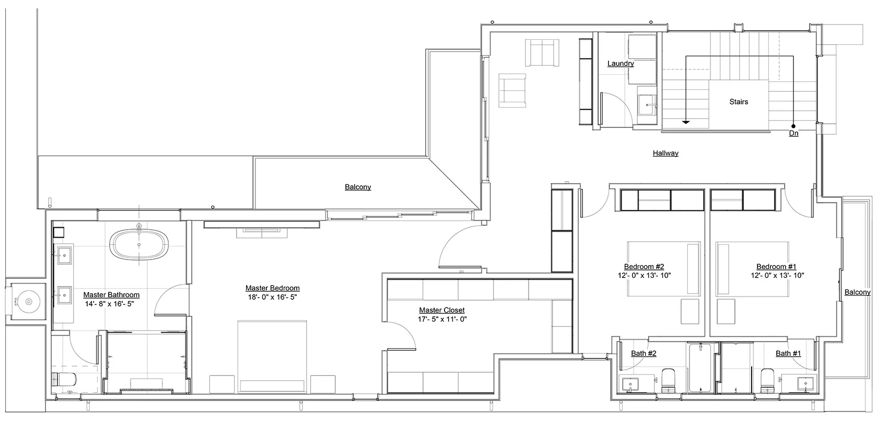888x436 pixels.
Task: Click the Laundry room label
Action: coord(621,63)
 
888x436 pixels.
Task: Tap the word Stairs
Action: coord(739,102)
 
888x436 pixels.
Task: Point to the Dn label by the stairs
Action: coord(793,133)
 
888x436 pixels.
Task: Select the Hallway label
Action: coord(665,153)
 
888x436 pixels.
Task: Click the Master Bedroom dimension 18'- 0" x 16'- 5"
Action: coord(272,297)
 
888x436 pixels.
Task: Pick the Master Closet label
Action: coord(441,310)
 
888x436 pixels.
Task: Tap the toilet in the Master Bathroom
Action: coord(64,380)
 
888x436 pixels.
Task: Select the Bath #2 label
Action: coord(644,353)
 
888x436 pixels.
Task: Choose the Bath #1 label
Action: coord(788,353)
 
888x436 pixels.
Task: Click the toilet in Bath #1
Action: coord(767,381)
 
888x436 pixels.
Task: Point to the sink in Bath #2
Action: coord(629,384)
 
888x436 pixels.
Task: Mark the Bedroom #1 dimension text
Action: coord(777,276)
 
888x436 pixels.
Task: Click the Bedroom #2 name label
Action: coord(644,267)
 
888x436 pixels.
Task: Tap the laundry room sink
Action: coord(647,105)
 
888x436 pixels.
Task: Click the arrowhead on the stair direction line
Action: coord(686,122)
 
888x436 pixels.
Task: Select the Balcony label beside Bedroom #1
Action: coord(857,292)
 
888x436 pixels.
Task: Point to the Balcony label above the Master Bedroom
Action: coord(358,187)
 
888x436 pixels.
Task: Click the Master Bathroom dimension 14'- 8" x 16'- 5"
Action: coord(109,303)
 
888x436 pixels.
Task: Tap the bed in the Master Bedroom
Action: coord(272,357)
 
